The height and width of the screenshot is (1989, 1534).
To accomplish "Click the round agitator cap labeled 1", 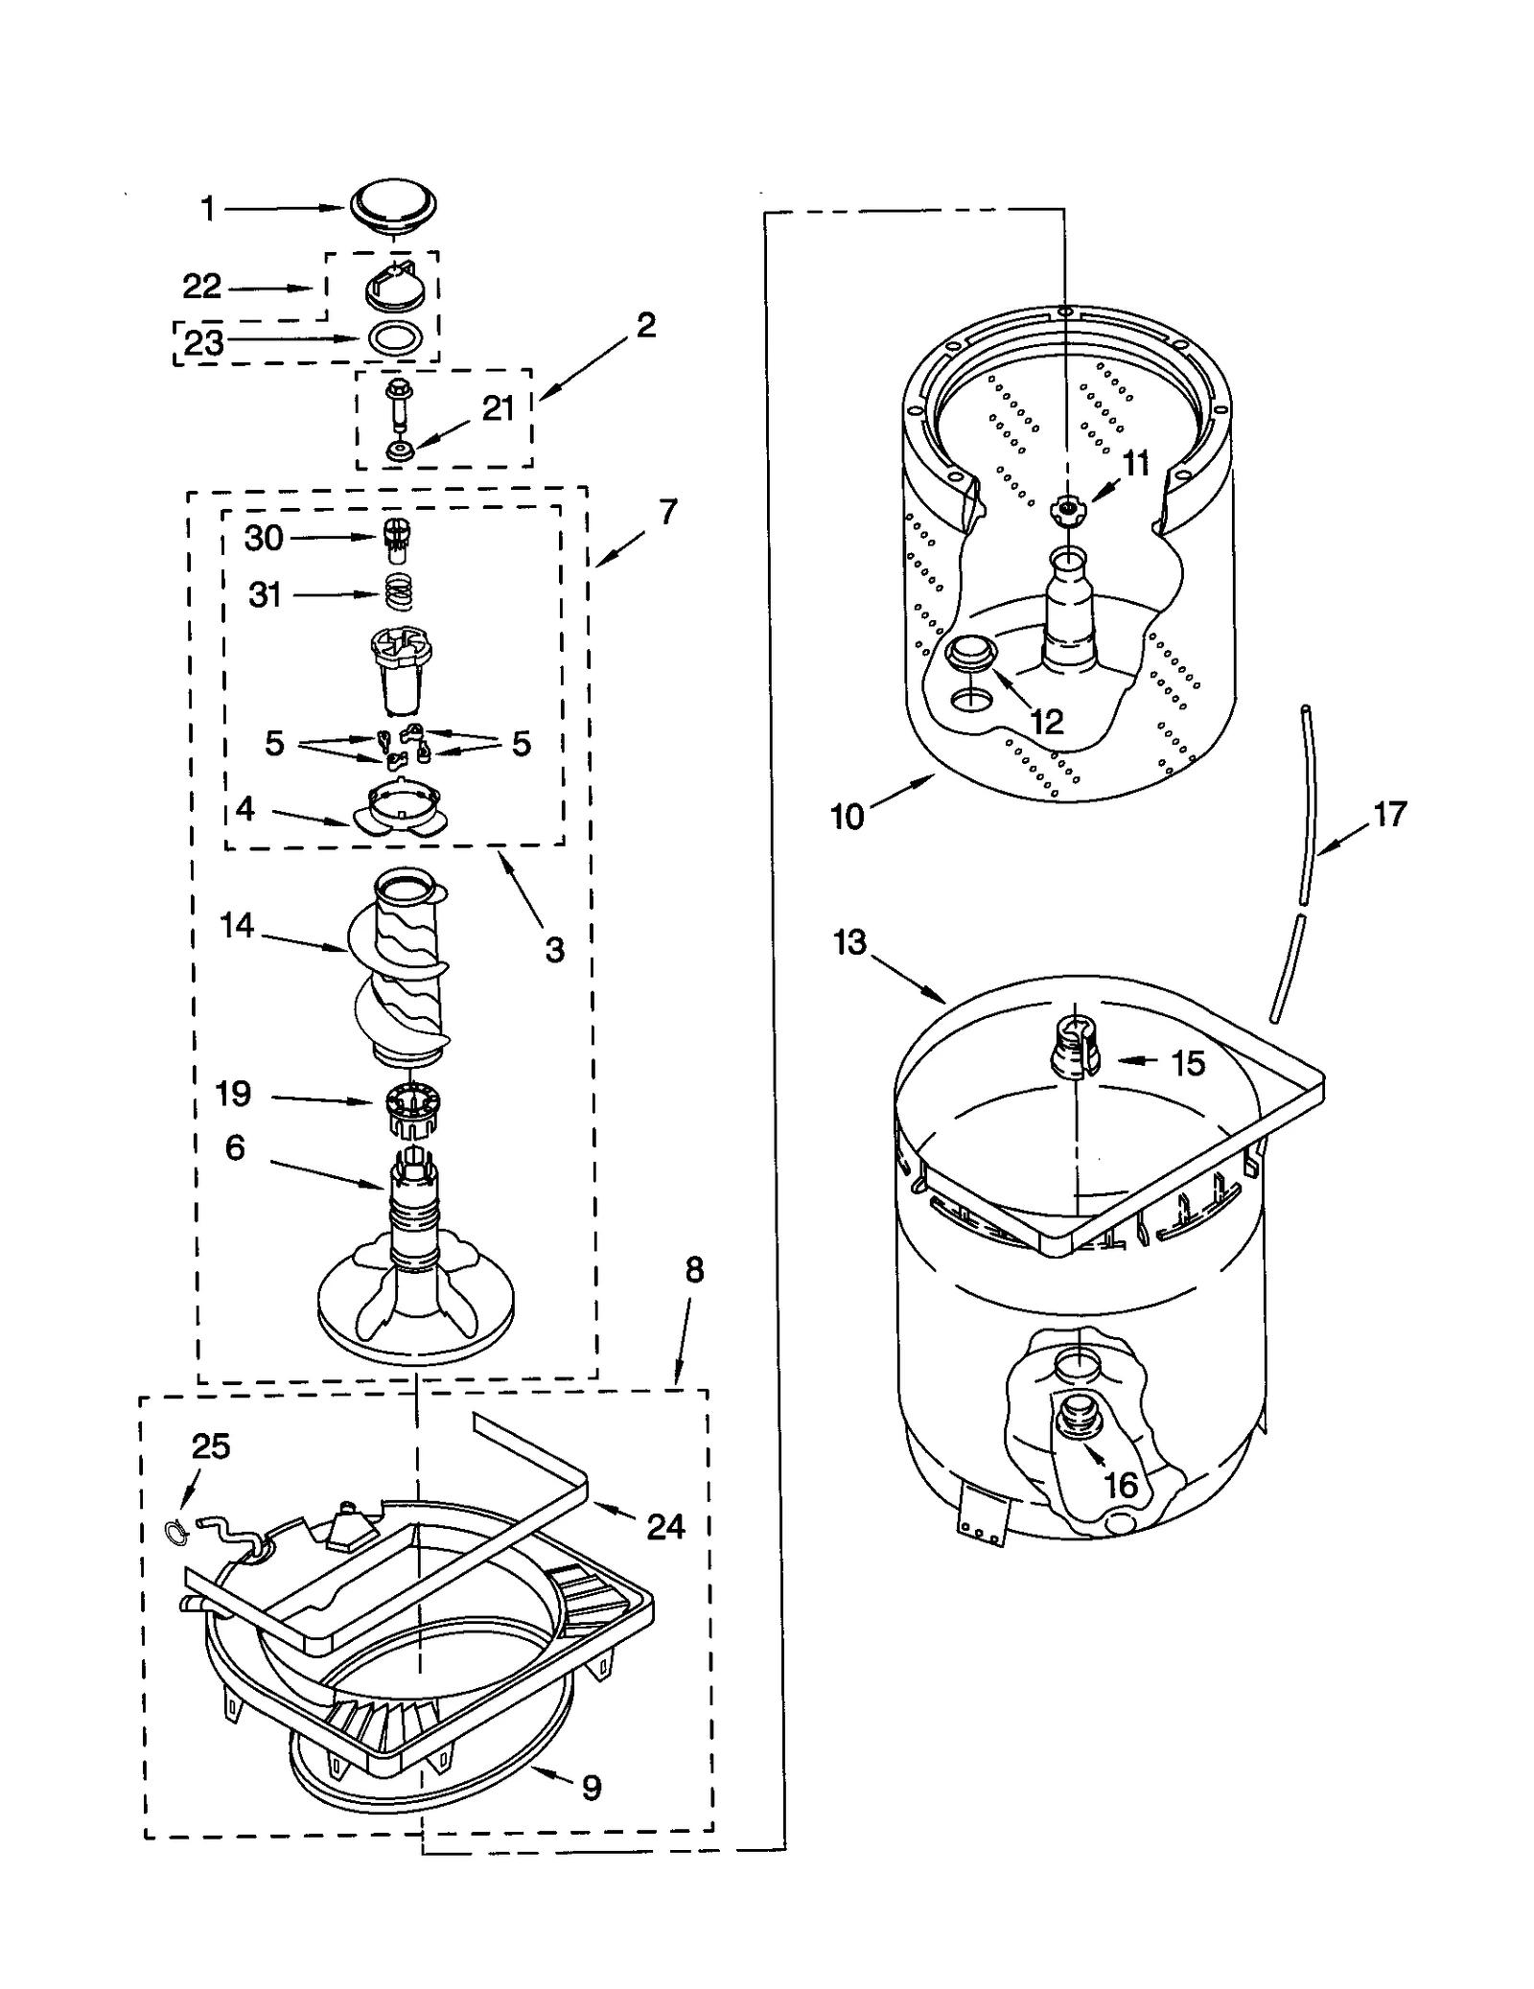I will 392,204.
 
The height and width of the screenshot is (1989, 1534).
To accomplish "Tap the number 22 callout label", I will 201,286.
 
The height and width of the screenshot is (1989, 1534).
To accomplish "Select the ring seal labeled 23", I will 395,338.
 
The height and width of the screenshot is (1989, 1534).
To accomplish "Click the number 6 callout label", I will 235,1147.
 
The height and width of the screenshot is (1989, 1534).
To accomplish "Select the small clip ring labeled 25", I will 174,1534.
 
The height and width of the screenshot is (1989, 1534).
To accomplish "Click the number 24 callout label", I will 664,1525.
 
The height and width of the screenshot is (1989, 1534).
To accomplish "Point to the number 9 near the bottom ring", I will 592,1787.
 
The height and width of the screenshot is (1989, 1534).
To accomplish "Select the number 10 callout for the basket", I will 847,817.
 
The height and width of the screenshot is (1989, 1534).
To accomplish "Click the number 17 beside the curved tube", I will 1389,815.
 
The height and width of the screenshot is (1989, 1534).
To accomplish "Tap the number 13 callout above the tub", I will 849,942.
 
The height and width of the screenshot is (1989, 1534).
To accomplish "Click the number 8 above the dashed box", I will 694,1270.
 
